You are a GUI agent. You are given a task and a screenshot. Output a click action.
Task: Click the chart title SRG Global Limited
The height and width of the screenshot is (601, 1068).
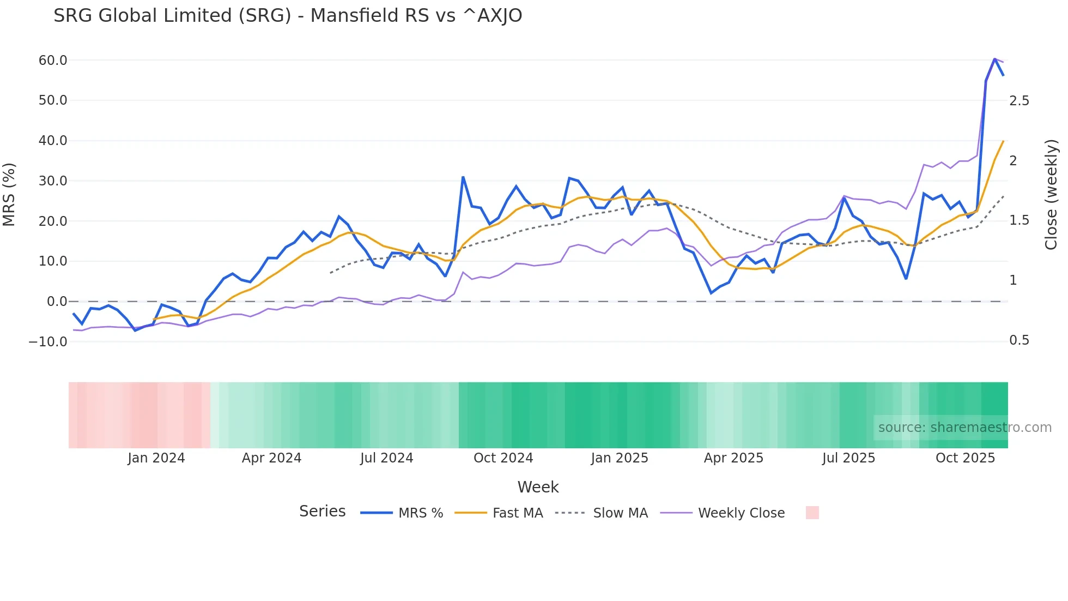tap(287, 16)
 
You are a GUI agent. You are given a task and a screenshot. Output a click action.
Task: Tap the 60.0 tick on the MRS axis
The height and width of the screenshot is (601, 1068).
tap(53, 61)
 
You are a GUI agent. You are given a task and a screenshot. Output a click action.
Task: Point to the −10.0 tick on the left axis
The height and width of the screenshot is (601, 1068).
tap(48, 342)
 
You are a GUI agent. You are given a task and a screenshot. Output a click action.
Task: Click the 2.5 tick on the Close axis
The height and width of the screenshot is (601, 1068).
tap(1019, 101)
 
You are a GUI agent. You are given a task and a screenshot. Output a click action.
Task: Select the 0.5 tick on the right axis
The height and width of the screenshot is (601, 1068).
tap(1019, 340)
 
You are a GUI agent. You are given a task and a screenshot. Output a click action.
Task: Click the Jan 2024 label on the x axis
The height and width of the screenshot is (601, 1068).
tap(156, 458)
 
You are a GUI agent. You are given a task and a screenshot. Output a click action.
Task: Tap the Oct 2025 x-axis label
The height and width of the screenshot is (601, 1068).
tap(965, 458)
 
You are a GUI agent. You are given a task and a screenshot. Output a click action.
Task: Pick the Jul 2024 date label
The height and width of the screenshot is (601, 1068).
tap(386, 458)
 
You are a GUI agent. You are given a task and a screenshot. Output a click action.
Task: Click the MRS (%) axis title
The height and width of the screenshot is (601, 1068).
tap(9, 195)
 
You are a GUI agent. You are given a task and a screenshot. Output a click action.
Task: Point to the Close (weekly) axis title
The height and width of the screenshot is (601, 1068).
tap(1051, 195)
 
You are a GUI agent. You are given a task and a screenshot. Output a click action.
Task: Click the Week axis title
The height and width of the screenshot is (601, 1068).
tap(538, 487)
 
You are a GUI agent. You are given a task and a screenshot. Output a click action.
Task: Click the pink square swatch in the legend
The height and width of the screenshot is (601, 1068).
tap(812, 513)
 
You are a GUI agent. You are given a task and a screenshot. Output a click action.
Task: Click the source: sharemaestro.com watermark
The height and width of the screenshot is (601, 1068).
tap(964, 428)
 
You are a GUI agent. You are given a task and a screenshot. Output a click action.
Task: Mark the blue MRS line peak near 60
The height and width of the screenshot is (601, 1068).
tap(994, 59)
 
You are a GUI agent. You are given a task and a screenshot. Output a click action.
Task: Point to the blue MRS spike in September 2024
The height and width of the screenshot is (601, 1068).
tap(463, 177)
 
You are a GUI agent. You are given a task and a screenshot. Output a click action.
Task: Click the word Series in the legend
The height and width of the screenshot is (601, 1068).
tap(322, 512)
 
